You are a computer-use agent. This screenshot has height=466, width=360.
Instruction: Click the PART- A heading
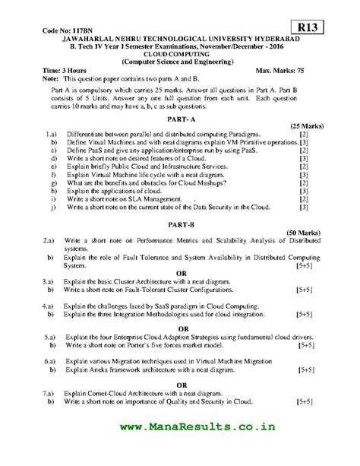pos(181,119)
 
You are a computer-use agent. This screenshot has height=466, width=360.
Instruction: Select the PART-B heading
pos(181,224)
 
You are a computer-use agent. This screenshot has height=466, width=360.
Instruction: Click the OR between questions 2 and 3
pos(181,273)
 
